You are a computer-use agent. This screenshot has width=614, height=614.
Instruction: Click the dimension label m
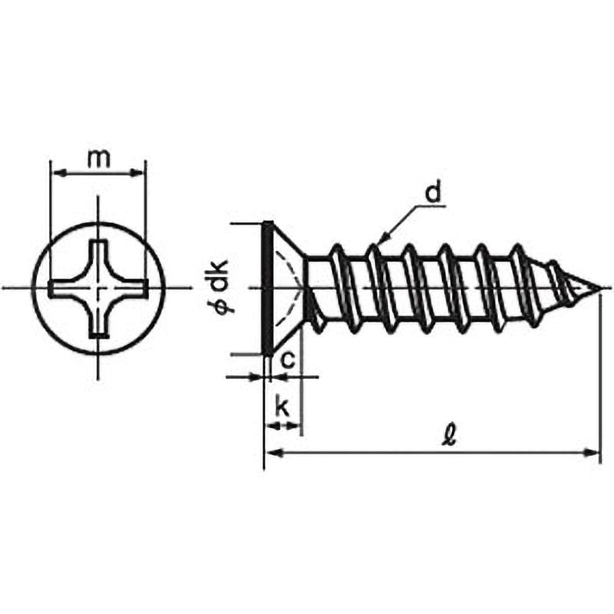coord(97,158)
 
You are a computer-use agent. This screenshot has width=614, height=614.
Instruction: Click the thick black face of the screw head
coord(267,289)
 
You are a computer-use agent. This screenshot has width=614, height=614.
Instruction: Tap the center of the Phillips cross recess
coord(98,289)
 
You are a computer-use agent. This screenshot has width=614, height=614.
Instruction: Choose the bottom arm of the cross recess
coord(98,326)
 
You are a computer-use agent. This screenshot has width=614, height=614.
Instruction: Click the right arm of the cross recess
coord(136,289)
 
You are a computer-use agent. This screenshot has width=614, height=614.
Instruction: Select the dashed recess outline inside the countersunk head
coord(288,289)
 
